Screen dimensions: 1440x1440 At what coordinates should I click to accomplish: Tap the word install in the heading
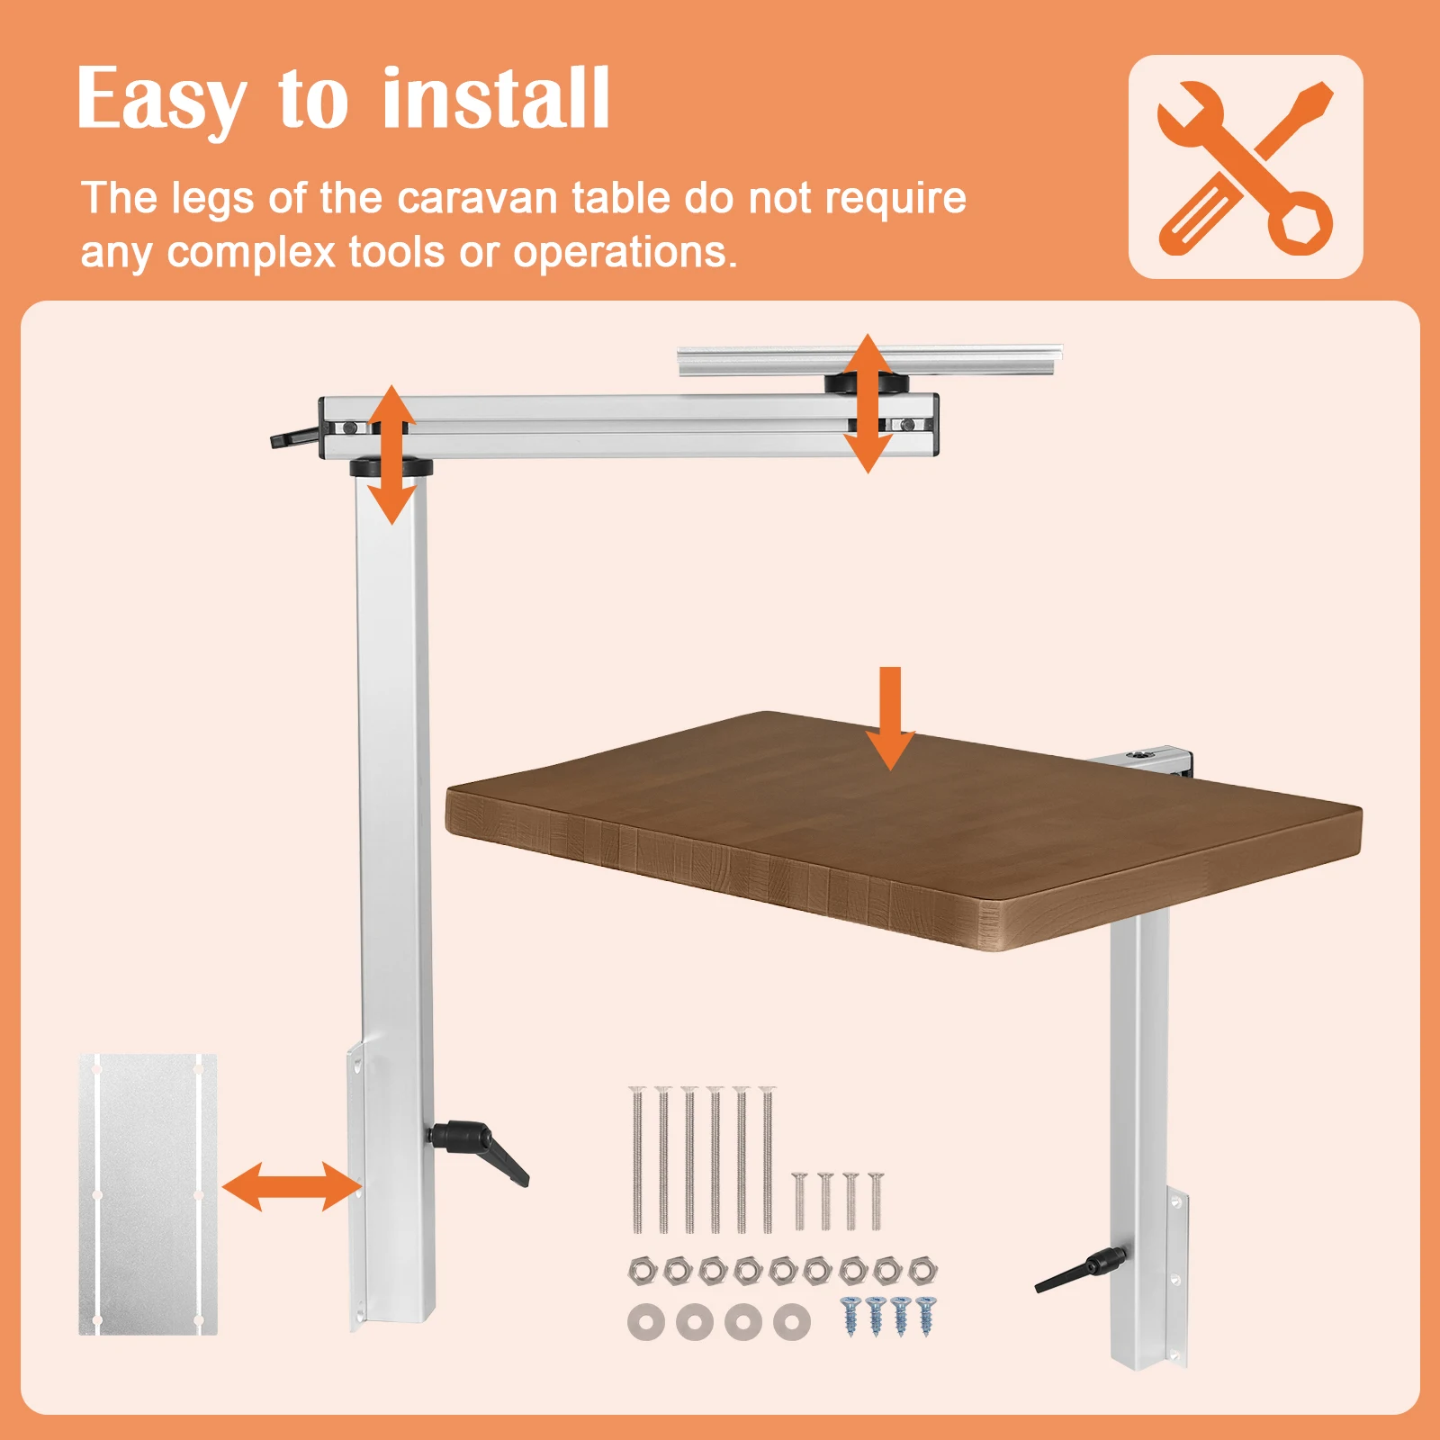[x=496, y=99]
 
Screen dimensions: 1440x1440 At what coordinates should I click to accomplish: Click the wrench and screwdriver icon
[x=1245, y=167]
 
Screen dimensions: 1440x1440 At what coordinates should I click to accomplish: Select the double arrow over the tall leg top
[x=391, y=454]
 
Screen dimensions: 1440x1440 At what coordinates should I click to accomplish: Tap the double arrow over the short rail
[x=867, y=403]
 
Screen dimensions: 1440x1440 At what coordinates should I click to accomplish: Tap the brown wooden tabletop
[x=900, y=828]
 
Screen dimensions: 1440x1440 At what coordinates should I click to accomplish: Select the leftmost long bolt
[x=637, y=1159]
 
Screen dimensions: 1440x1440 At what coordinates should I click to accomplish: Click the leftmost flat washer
[x=645, y=1321]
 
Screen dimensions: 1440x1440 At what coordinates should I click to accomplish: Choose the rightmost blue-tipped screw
[x=926, y=1315]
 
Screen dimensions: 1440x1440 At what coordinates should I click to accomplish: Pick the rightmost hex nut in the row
[x=922, y=1270]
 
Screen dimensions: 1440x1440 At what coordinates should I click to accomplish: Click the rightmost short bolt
[x=876, y=1201]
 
